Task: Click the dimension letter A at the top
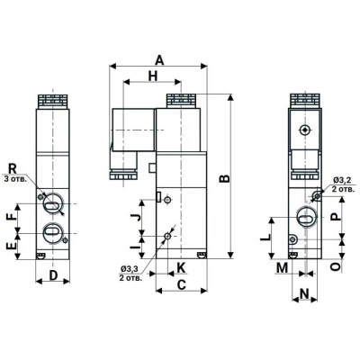159,59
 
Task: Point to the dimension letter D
53,274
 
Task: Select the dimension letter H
152,78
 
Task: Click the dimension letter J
134,216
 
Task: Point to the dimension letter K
180,267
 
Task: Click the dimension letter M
283,267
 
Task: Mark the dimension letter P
336,218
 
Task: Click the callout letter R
13,168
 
